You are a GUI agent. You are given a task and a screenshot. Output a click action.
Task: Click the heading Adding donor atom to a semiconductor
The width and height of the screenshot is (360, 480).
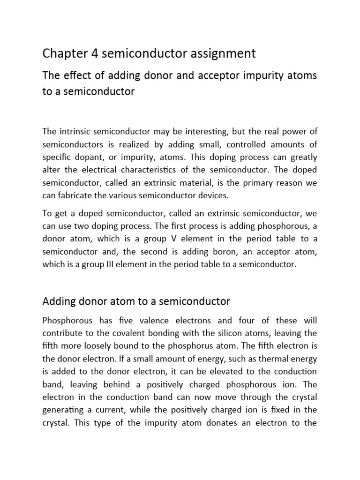pyautogui.click(x=136, y=301)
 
